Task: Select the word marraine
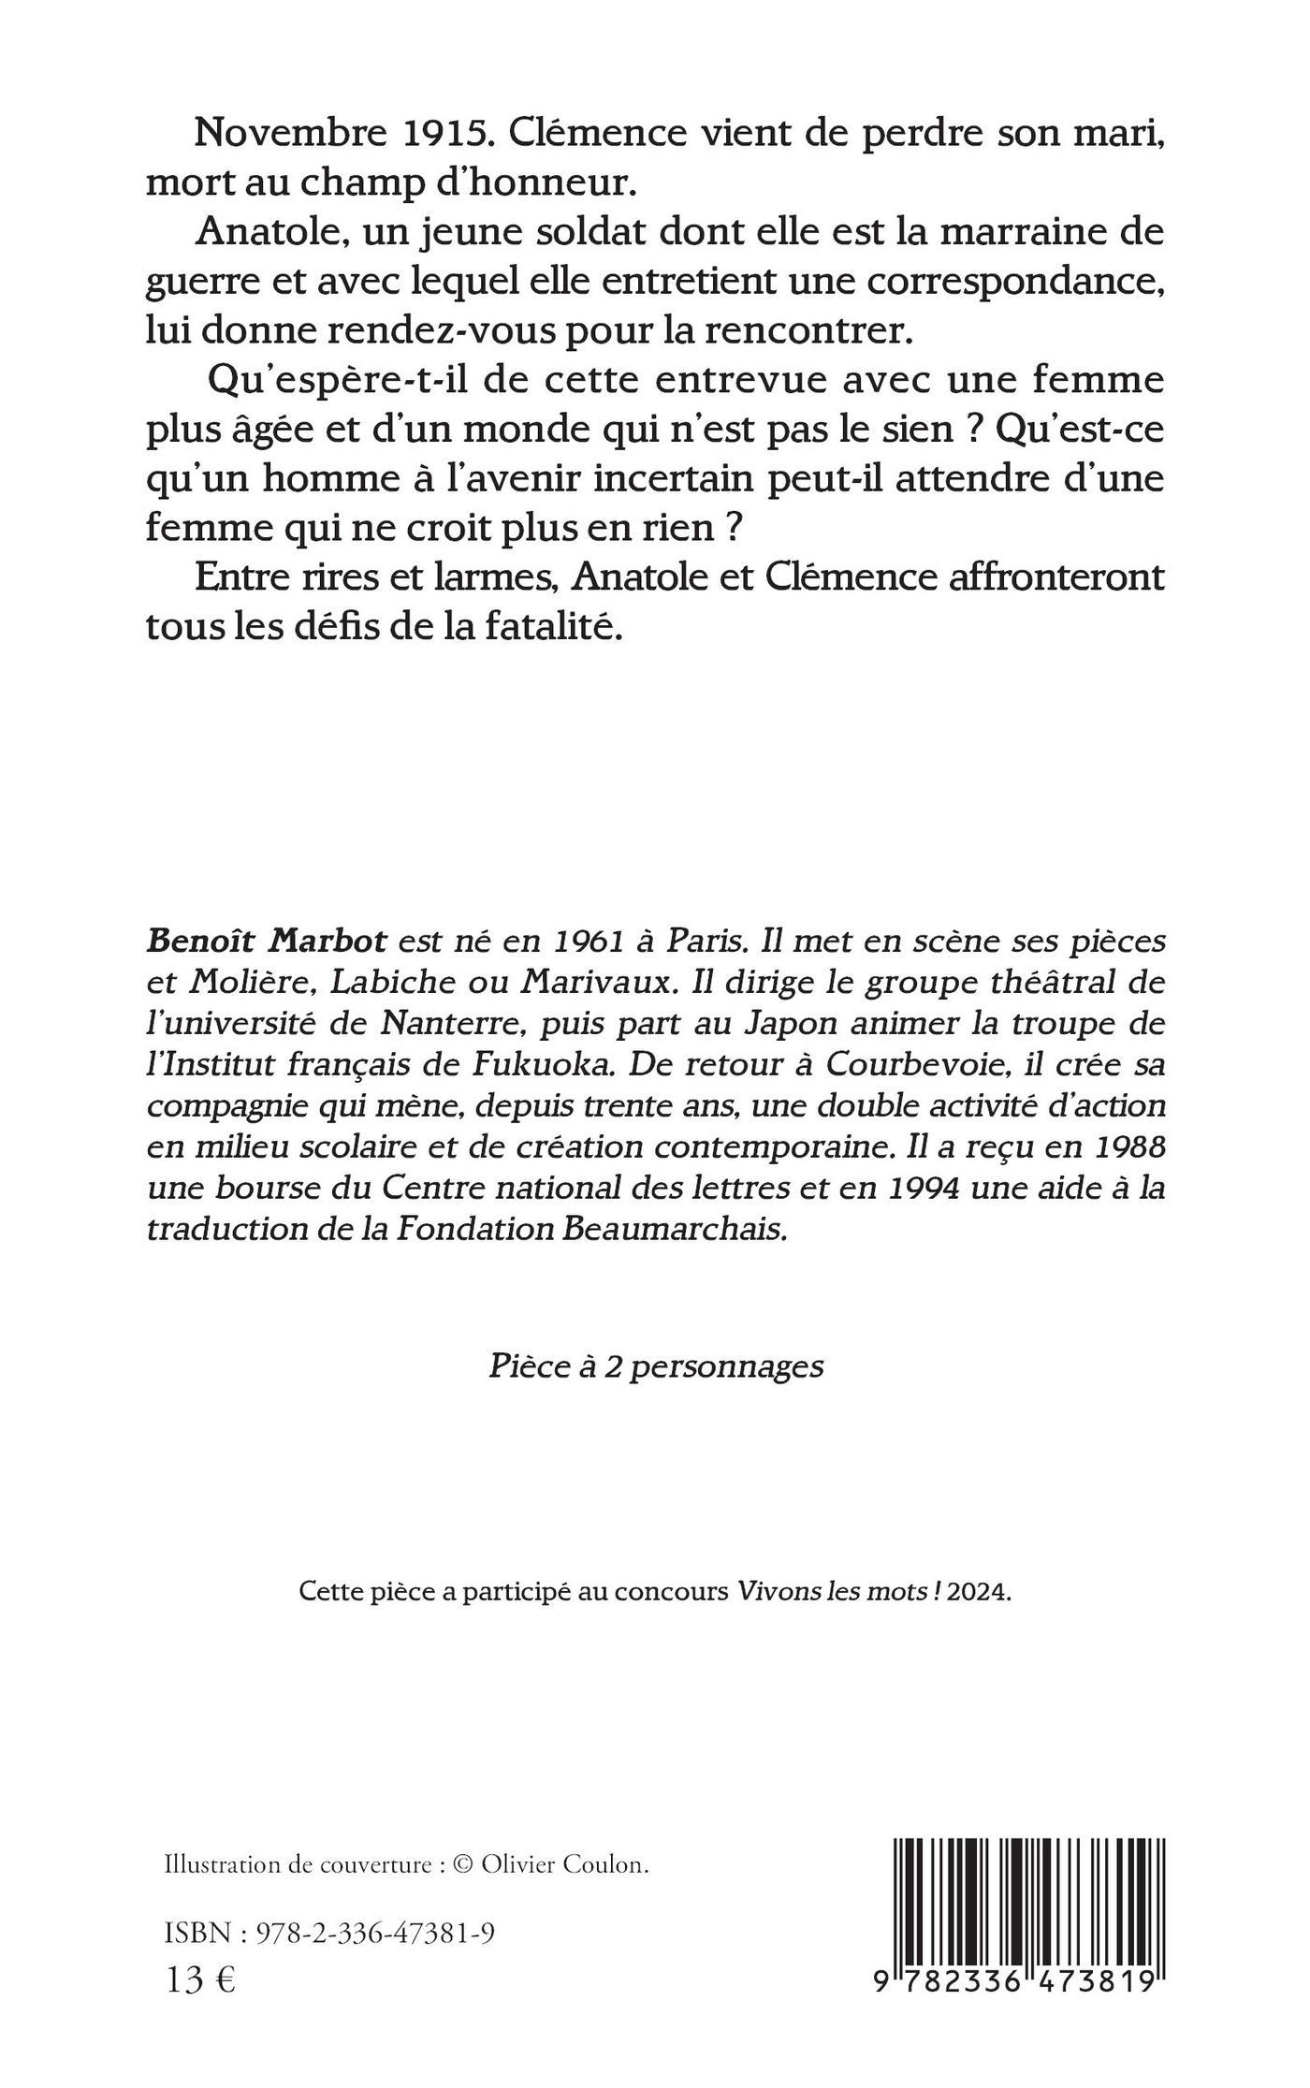(x=1006, y=231)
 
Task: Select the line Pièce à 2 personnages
(x=656, y=1367)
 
